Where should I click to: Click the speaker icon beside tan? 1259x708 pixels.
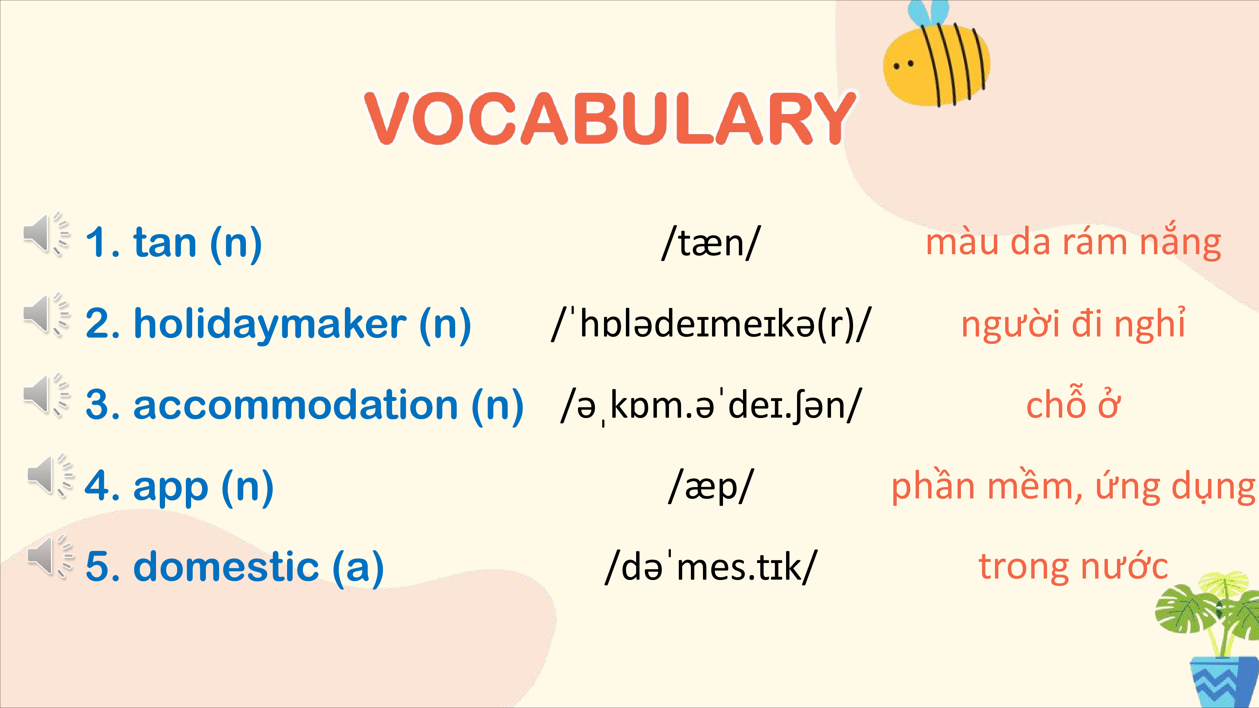[47, 234]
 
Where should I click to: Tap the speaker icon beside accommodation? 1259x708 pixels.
[47, 395]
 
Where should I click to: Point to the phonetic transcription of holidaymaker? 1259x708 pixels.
[711, 324]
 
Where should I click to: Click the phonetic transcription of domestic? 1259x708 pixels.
[711, 566]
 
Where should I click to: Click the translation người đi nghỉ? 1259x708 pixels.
[1073, 324]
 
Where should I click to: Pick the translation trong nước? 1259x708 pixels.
[1073, 566]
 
